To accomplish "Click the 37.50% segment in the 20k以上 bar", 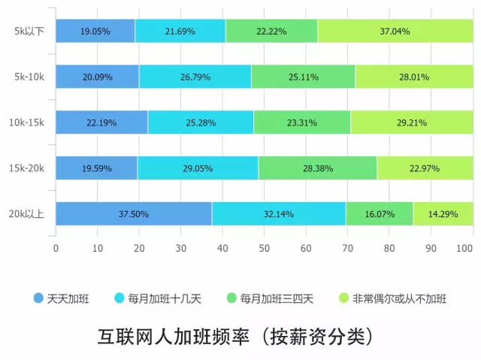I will pyautogui.click(x=133, y=214).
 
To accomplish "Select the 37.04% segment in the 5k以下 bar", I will pyautogui.click(x=395, y=32).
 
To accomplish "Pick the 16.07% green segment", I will pyautogui.click(x=379, y=214).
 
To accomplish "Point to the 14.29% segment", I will pyautogui.click(x=443, y=214).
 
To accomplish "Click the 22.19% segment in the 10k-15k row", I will pyautogui.click(x=101, y=123).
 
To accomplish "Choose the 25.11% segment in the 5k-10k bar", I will pyautogui.click(x=303, y=77).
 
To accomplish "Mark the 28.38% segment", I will pyautogui.click(x=318, y=168).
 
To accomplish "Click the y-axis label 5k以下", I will pyautogui.click(x=29, y=32).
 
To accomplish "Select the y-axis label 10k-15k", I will pyautogui.click(x=27, y=123).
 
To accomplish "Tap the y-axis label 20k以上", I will pyautogui.click(x=27, y=214).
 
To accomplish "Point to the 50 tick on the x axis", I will pyautogui.click(x=264, y=247).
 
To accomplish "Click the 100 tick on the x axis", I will pyautogui.click(x=466, y=247).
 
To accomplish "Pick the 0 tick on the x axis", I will pyautogui.click(x=56, y=247).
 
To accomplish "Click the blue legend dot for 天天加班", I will pyautogui.click(x=38, y=298).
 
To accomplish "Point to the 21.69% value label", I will pyautogui.click(x=180, y=32).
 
